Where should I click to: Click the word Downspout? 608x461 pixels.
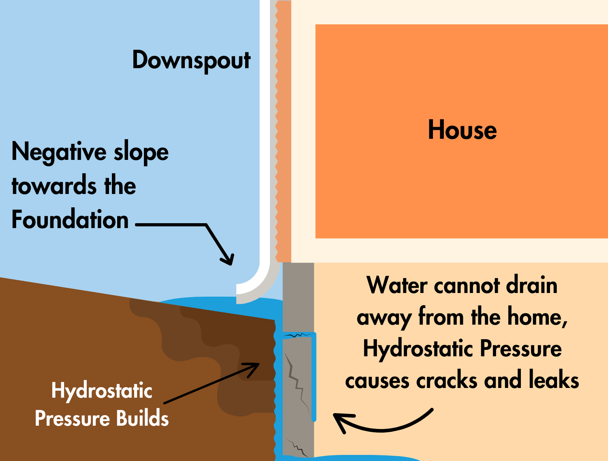point(191,61)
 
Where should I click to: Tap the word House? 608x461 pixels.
point(462,130)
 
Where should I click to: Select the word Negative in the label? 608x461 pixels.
point(59,152)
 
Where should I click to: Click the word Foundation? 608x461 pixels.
point(70,220)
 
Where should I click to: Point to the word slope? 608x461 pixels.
point(141,152)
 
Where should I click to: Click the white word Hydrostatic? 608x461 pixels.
point(102,391)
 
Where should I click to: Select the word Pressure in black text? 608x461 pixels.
point(521,349)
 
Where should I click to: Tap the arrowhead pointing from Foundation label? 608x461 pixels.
point(228,259)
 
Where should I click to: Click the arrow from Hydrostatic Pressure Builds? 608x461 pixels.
point(211,383)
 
